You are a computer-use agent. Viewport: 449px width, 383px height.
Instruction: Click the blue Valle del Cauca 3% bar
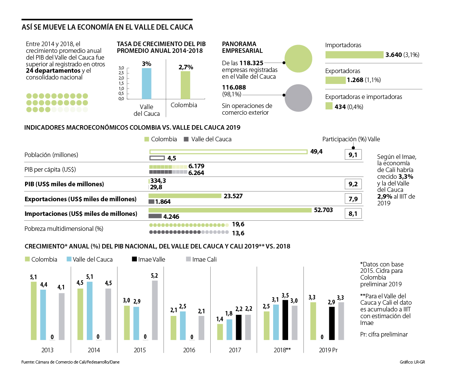point(147,83)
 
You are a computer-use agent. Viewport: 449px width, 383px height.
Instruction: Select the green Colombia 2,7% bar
point(185,85)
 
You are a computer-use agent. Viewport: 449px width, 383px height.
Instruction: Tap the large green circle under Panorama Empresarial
point(298,59)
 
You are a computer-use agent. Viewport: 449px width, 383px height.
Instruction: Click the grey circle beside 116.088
point(298,98)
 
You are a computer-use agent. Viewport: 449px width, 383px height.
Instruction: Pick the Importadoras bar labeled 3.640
point(354,55)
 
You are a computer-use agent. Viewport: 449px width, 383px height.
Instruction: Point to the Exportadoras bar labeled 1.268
point(335,80)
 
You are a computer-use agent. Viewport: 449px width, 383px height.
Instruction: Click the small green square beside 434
point(329,106)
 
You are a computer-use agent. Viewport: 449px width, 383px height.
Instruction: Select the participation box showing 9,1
point(353,154)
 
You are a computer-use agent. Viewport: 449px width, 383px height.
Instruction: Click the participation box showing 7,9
point(353,199)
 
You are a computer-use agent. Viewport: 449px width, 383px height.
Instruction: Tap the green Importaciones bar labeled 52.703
point(230,210)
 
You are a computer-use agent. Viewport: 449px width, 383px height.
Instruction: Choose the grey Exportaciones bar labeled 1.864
point(152,202)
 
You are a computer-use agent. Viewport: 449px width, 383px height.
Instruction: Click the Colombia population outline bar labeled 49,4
point(228,152)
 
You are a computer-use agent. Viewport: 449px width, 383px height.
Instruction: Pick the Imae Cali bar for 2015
point(155,310)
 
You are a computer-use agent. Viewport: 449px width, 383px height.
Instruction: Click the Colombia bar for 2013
point(34,311)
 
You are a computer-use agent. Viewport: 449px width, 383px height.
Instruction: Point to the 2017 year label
point(235,350)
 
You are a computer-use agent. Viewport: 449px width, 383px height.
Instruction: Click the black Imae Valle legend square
point(134,259)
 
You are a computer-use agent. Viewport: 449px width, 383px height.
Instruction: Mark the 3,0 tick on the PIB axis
point(121,68)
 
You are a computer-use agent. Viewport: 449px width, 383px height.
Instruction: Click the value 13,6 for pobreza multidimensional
point(238,233)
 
